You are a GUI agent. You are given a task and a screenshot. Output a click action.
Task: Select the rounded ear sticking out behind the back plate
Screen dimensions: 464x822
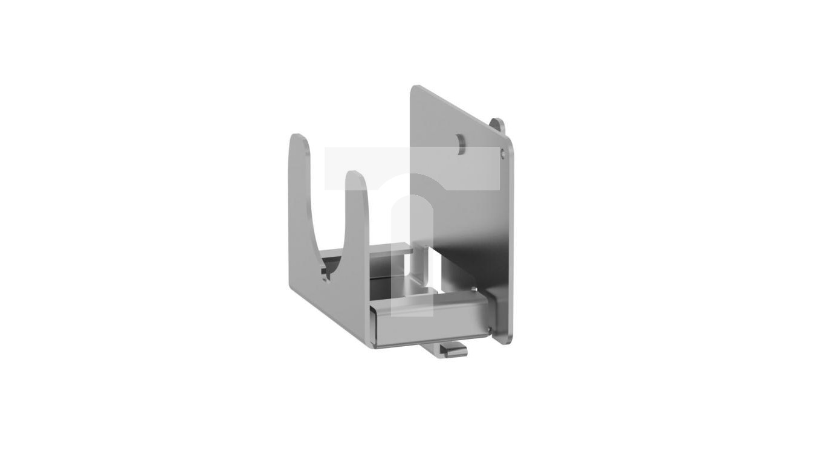point(498,125)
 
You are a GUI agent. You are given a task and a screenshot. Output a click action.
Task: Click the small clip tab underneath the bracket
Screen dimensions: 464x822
point(452,350)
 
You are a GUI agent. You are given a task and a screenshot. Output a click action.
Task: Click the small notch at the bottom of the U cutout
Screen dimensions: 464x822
point(326,279)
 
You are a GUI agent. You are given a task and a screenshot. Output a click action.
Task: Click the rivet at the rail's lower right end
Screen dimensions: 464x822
point(488,329)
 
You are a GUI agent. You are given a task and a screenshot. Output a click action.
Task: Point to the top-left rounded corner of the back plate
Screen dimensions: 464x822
point(415,90)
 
